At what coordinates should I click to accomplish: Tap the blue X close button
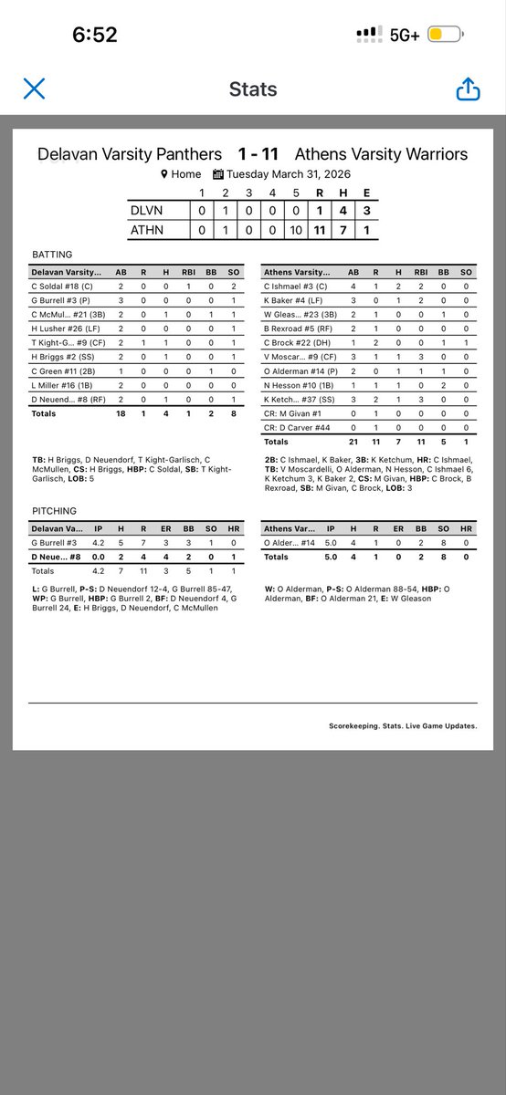click(34, 89)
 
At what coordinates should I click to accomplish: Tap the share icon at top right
click(467, 89)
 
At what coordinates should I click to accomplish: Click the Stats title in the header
click(253, 89)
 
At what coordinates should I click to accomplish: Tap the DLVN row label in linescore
click(147, 210)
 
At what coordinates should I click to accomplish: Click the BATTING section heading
click(51, 255)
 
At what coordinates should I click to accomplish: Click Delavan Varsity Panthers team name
click(130, 154)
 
